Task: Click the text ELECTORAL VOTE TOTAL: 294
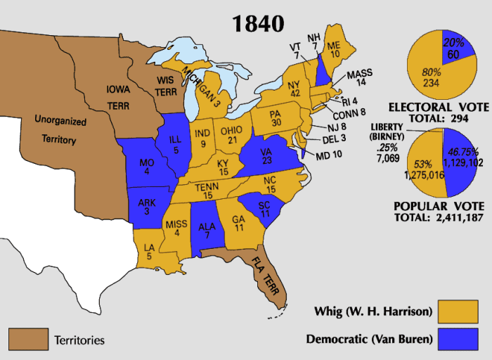(444, 113)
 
